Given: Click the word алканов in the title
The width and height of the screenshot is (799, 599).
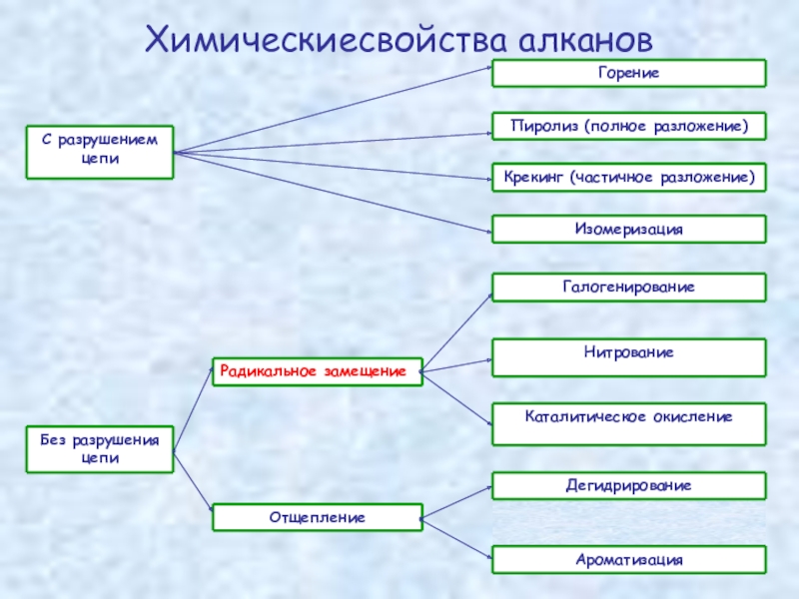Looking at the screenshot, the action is click(585, 40).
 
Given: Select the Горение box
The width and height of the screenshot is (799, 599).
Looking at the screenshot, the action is click(629, 73).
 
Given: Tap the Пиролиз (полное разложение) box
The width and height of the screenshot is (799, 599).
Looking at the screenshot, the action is click(629, 126).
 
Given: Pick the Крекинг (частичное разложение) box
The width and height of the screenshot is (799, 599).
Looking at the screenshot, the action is click(629, 177).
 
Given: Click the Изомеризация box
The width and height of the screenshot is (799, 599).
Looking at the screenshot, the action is click(629, 229).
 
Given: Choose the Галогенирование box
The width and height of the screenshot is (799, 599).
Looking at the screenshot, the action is click(629, 288).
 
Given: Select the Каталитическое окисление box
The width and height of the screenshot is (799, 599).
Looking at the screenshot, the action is click(629, 423).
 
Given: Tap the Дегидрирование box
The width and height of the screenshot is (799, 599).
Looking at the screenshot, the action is click(629, 486).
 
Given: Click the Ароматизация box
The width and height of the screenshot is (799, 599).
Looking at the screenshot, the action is click(629, 559).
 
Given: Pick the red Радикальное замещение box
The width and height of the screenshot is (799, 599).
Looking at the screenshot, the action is click(317, 371).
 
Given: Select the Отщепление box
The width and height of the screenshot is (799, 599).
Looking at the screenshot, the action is click(317, 517).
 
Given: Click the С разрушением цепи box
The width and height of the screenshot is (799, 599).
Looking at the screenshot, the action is click(100, 152).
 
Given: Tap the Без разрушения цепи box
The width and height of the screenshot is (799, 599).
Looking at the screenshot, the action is click(100, 450).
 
